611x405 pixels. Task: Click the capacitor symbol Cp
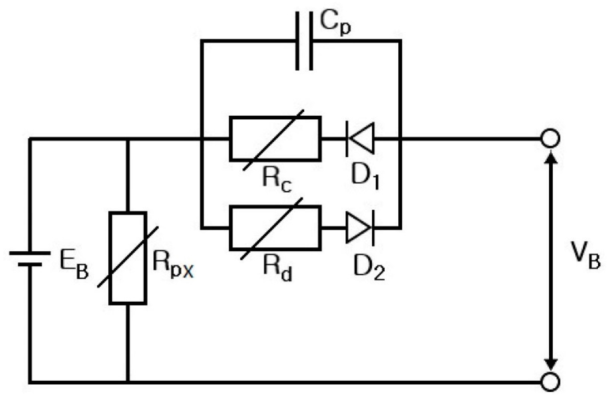click(304, 41)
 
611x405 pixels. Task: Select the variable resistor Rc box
click(275, 139)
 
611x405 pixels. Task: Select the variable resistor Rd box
click(275, 228)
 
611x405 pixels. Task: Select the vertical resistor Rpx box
click(128, 258)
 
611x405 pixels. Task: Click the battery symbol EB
click(30, 259)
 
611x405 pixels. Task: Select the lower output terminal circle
click(550, 382)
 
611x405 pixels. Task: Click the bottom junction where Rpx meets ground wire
click(128, 382)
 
